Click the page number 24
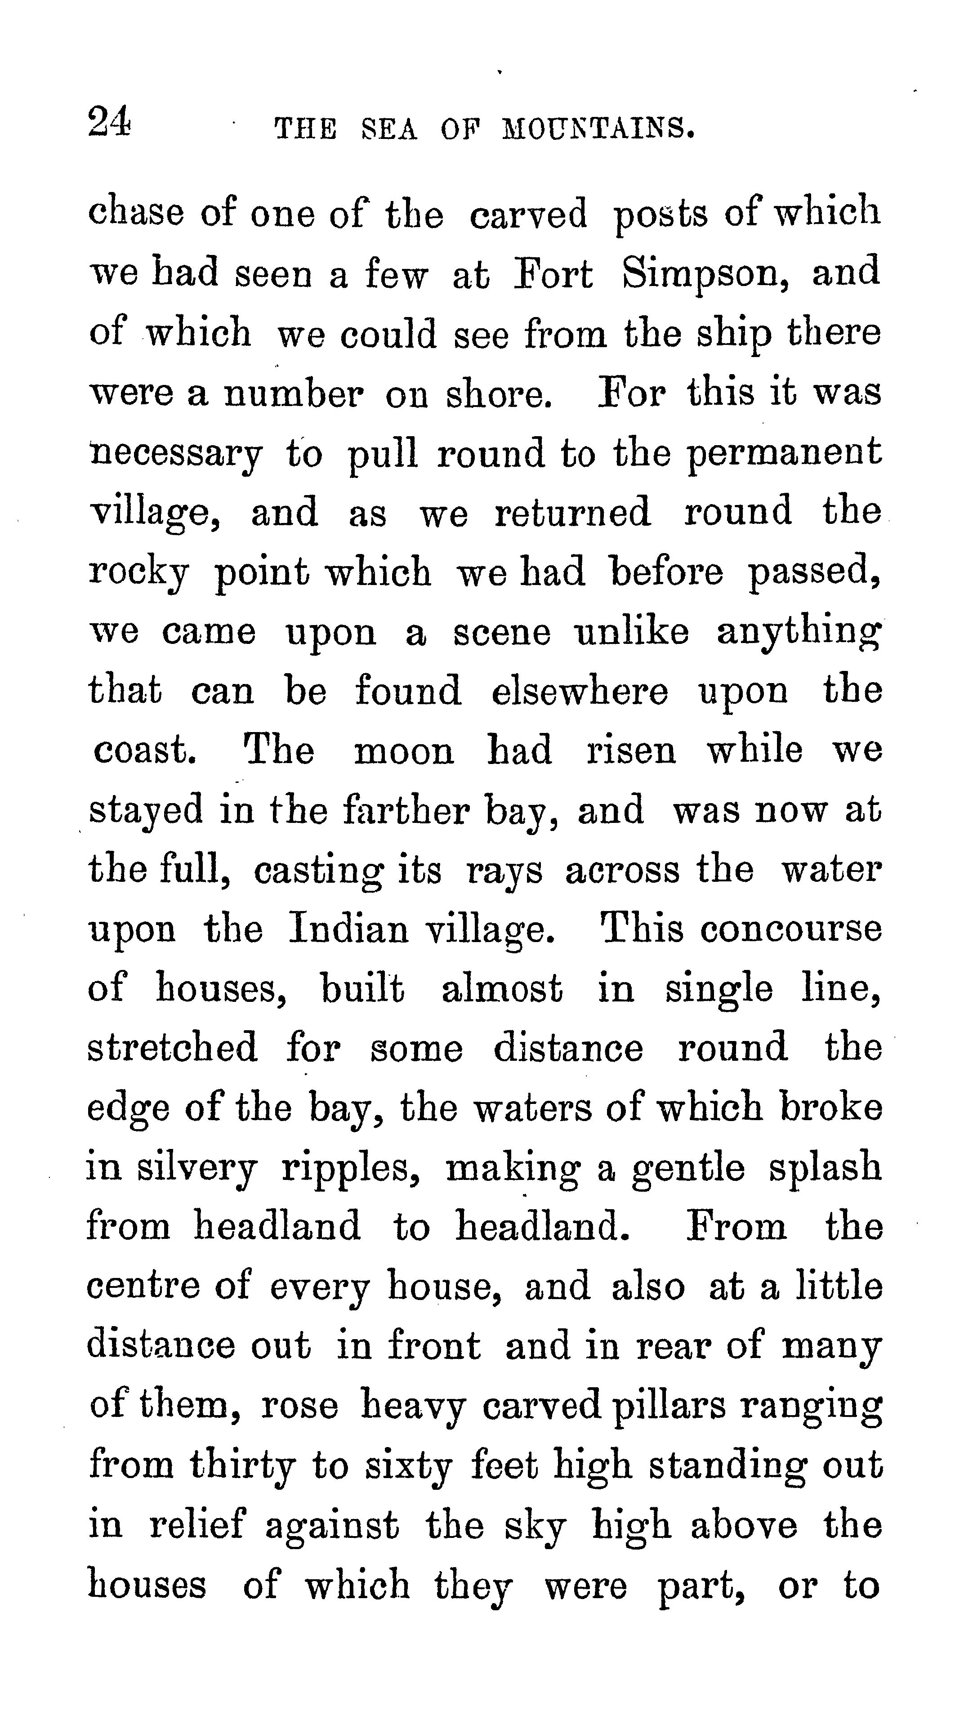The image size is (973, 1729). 109,122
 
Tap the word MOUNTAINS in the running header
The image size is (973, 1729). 597,128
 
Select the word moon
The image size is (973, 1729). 404,751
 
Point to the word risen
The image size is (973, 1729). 631,751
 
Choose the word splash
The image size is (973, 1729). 825,1169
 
